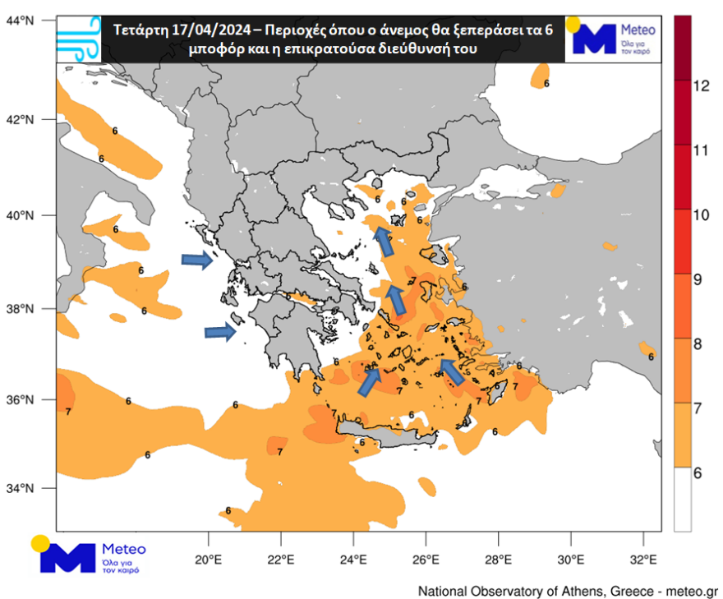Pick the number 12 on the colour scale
point(701,85)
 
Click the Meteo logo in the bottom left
point(89,555)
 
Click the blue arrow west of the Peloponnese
point(220,332)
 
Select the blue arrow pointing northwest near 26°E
point(453,371)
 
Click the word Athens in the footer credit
point(591,591)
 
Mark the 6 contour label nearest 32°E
point(651,357)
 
